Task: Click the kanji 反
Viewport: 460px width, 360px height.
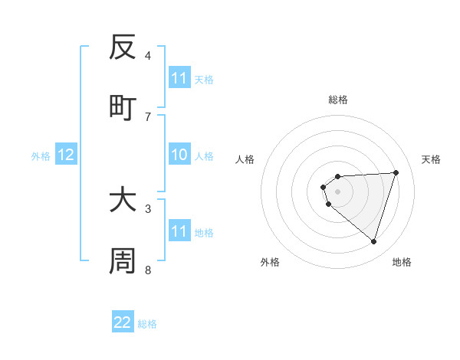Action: (123, 47)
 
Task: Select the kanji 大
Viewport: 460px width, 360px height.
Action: (123, 201)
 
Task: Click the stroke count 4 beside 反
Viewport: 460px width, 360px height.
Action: (148, 56)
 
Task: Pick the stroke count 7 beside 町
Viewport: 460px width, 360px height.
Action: (148, 116)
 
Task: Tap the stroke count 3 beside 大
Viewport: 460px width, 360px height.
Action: (148, 208)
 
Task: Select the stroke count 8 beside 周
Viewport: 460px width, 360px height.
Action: (148, 270)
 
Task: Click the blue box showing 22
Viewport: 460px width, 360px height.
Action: (123, 322)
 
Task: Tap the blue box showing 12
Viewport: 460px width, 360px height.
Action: (66, 155)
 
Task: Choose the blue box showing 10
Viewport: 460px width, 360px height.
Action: (179, 155)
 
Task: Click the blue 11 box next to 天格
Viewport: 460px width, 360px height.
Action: (179, 78)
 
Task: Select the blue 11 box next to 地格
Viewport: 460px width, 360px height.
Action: (179, 231)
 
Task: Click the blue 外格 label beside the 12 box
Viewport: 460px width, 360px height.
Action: (41, 156)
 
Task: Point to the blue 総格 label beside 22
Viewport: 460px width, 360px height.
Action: (147, 324)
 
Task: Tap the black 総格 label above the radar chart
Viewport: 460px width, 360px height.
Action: (337, 100)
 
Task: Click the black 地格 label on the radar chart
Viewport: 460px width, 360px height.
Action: (402, 263)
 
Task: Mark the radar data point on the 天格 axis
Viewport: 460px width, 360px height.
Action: (396, 172)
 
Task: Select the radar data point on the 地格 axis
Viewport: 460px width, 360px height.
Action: (374, 241)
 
